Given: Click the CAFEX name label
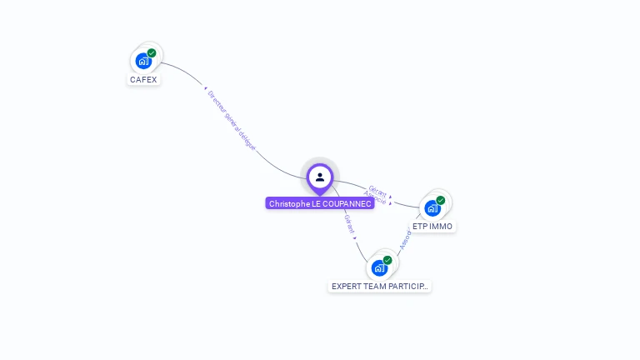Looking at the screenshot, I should pyautogui.click(x=143, y=80).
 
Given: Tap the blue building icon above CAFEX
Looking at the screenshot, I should pyautogui.click(x=143, y=61).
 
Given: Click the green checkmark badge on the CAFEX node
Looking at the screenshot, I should pyautogui.click(x=152, y=53).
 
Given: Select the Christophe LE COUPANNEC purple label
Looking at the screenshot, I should pyautogui.click(x=320, y=203).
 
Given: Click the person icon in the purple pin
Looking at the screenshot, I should pyautogui.click(x=320, y=177).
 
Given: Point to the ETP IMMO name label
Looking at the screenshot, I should pyautogui.click(x=432, y=226).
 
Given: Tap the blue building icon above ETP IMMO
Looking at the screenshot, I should pyautogui.click(x=432, y=207).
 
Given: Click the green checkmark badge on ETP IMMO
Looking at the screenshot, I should pyautogui.click(x=441, y=200).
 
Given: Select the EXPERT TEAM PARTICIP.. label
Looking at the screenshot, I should pyautogui.click(x=379, y=286).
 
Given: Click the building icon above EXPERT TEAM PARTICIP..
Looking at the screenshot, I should pyautogui.click(x=379, y=267).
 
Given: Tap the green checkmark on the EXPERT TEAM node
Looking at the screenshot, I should pyautogui.click(x=387, y=260).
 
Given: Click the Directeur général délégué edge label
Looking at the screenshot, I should pyautogui.click(x=231, y=120).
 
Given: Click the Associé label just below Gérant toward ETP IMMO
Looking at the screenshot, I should pyautogui.click(x=376, y=199).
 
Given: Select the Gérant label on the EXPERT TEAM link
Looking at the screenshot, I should pyautogui.click(x=350, y=223).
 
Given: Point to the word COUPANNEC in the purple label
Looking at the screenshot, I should pyautogui.click(x=342, y=203).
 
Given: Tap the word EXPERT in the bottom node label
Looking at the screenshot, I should pyautogui.click(x=345, y=286).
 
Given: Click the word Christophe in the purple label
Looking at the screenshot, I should pyautogui.click(x=288, y=203).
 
